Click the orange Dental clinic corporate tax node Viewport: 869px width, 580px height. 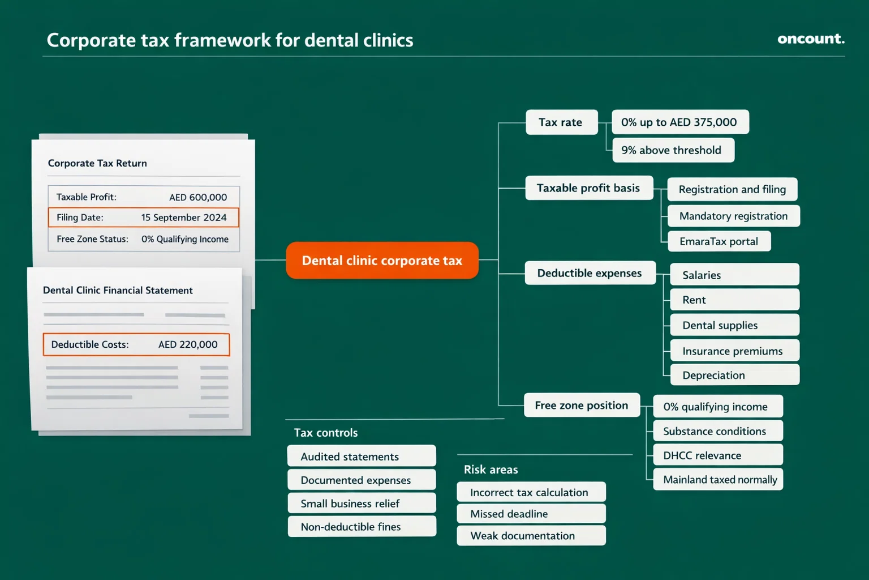coord(382,261)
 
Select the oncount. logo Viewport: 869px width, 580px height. coord(810,39)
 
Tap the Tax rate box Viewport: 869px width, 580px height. coord(561,122)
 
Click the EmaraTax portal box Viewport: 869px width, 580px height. coord(719,241)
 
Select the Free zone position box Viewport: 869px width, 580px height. coord(582,406)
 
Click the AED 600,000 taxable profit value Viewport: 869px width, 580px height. coord(198,197)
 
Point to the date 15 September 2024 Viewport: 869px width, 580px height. coord(184,217)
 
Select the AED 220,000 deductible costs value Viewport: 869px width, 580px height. coord(188,344)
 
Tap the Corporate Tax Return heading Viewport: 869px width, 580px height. coord(97,163)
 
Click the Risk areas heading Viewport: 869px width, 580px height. coord(491,470)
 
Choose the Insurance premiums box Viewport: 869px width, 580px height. coord(733,351)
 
